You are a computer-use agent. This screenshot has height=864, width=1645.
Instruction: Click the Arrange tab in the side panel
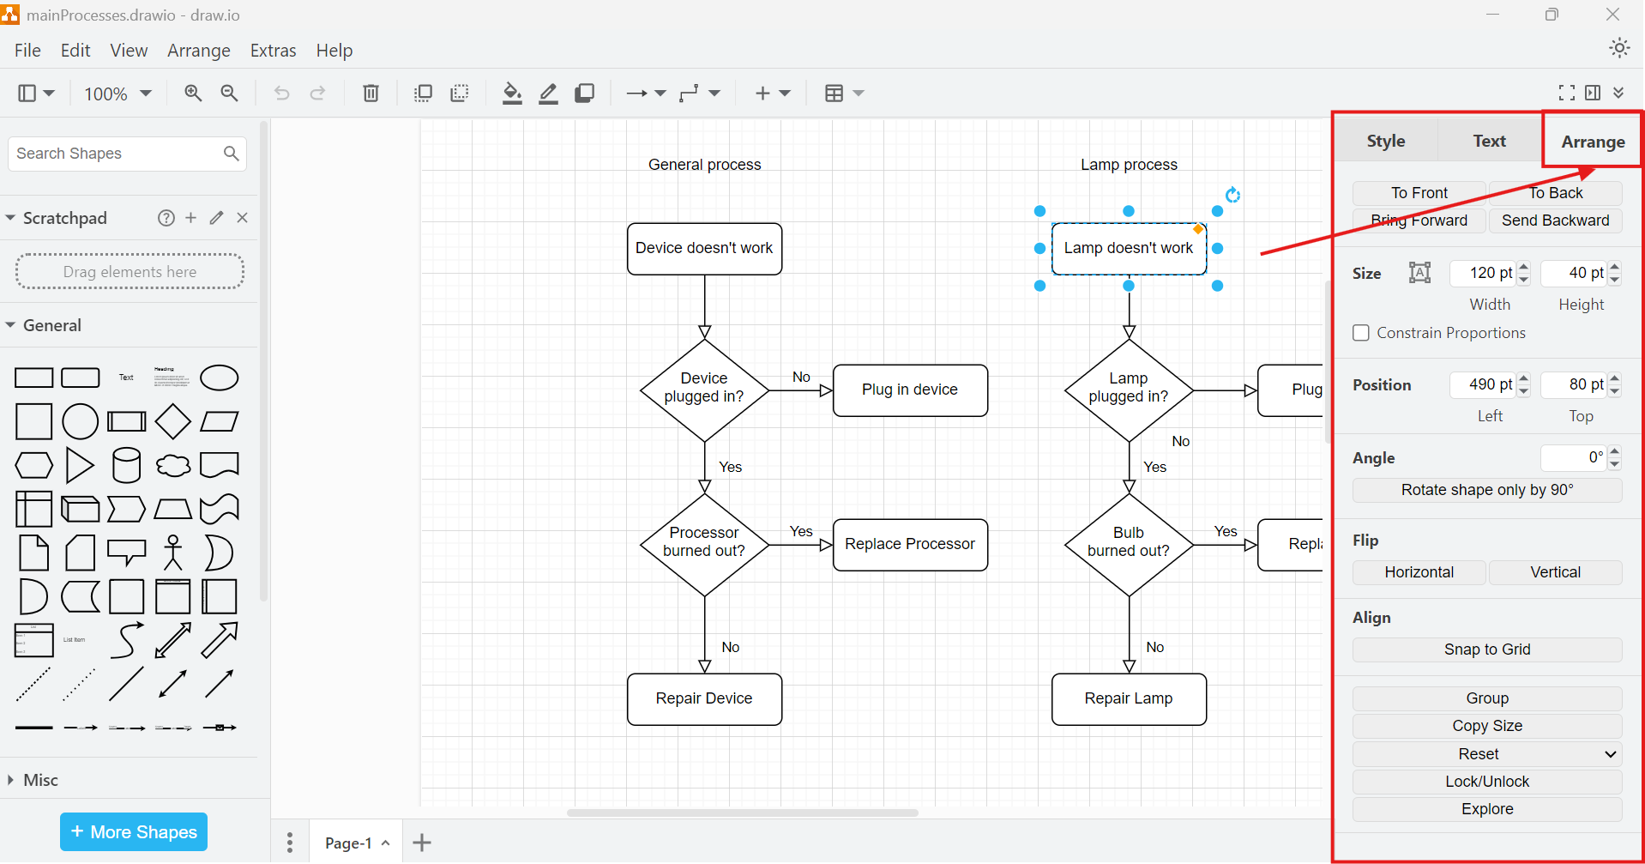click(x=1592, y=142)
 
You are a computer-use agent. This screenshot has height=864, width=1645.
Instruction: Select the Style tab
click(x=1385, y=141)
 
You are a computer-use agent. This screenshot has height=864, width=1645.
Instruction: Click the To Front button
click(x=1419, y=193)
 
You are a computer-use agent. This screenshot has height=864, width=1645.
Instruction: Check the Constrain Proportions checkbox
click(x=1361, y=333)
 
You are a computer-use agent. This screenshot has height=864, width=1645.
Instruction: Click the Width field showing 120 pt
click(x=1482, y=273)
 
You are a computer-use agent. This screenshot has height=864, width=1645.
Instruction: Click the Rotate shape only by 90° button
click(x=1486, y=490)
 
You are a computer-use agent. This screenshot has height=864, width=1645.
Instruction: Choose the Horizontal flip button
click(x=1419, y=572)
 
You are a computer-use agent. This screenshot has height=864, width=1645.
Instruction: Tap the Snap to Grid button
click(x=1486, y=650)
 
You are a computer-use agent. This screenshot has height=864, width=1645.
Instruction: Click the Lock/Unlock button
click(x=1486, y=782)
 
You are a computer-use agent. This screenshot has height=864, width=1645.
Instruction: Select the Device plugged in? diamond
click(x=704, y=390)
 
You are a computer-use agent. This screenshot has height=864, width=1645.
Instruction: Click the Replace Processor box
click(x=910, y=545)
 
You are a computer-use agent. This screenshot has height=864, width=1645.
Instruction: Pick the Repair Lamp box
click(x=1129, y=699)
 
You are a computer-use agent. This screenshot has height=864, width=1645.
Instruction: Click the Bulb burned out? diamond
click(x=1129, y=545)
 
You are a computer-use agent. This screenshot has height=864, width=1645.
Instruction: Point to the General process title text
click(x=704, y=165)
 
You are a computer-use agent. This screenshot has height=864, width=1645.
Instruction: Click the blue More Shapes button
click(x=134, y=831)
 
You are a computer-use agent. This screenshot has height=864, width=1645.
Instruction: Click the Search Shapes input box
click(x=116, y=154)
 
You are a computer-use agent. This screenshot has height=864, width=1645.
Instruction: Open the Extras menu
click(x=273, y=51)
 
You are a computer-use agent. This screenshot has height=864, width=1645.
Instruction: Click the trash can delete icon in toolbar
click(x=371, y=93)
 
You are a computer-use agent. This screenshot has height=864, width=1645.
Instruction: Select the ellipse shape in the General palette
click(x=219, y=378)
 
